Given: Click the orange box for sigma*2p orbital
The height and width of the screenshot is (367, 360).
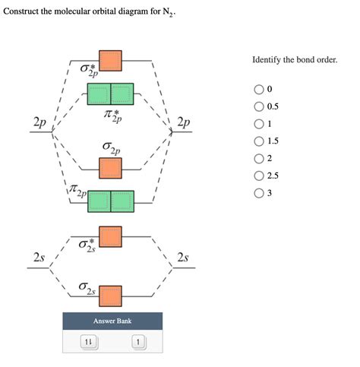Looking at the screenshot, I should point(111,62).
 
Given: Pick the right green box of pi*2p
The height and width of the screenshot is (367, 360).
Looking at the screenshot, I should point(122,94).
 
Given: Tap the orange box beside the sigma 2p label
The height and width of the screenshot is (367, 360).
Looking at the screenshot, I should point(111,167).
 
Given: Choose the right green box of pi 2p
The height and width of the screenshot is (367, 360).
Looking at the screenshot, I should point(122,201).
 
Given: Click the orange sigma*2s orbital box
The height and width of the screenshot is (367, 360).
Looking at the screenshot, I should point(111,236).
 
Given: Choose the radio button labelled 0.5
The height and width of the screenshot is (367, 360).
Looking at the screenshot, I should point(259,107).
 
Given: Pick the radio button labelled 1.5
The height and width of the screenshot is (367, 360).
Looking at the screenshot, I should point(259,141).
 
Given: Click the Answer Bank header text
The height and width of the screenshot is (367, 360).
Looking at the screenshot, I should point(112,321).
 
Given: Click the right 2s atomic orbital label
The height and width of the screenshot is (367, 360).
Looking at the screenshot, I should point(182,258).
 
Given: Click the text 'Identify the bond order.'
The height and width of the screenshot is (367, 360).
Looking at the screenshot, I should point(294,59).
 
